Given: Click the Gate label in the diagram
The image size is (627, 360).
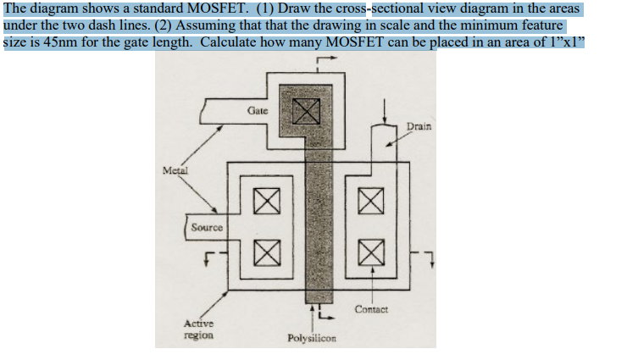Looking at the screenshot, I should pyautogui.click(x=258, y=111).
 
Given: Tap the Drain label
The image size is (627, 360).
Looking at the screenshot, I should pyautogui.click(x=419, y=126).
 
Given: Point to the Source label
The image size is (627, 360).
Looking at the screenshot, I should pyautogui.click(x=207, y=227).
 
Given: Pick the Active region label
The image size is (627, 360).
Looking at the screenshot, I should pyautogui.click(x=200, y=330).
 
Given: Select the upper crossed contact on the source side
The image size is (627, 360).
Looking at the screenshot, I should pyautogui.click(x=266, y=203).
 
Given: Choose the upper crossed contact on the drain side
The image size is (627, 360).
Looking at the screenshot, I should pyautogui.click(x=368, y=203).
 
